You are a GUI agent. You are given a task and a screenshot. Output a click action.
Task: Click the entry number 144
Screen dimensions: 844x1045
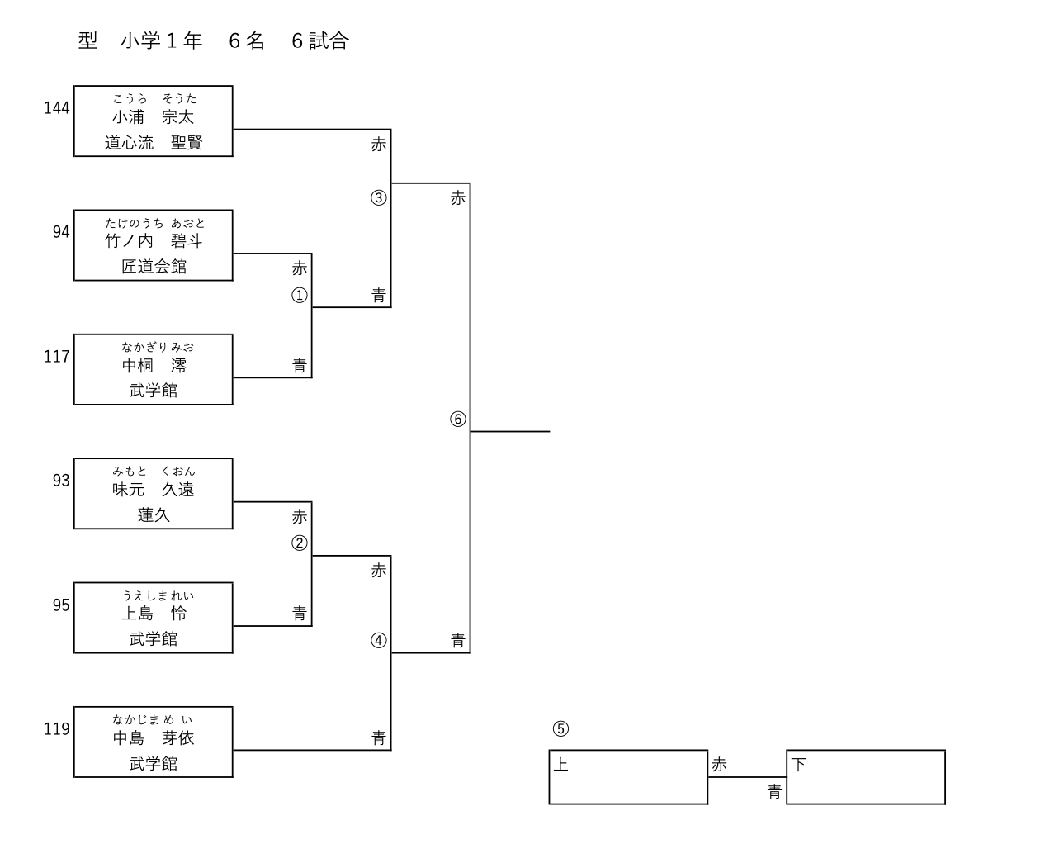[x=57, y=108]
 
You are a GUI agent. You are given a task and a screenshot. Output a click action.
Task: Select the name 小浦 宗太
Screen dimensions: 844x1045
[x=154, y=117]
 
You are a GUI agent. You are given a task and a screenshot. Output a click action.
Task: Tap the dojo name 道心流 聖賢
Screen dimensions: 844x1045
[x=154, y=143]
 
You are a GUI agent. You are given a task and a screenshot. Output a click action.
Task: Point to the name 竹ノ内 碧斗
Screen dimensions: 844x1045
[x=154, y=241]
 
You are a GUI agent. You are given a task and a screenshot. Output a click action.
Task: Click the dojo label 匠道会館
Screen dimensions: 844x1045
[x=154, y=267]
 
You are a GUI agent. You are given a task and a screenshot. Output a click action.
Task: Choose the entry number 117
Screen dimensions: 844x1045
[x=57, y=357]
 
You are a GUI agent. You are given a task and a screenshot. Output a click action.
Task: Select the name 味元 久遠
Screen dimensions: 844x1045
[x=154, y=490]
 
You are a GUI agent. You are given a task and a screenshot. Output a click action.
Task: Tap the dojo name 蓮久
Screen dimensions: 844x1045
[x=154, y=515]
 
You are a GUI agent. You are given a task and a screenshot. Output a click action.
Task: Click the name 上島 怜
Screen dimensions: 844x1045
[x=154, y=614]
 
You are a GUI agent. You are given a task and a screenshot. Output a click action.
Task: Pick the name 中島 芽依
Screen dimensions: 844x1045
[x=154, y=738]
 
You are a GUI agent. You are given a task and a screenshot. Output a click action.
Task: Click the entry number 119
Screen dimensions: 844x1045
[x=57, y=729]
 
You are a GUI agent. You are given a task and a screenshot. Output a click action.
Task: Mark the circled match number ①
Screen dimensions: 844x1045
[x=300, y=296]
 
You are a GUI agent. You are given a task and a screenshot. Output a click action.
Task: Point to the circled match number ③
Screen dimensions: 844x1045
[x=379, y=198]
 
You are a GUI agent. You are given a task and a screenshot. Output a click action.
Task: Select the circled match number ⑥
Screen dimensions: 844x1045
[x=458, y=420]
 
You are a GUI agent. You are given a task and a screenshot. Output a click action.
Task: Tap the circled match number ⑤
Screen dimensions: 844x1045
[x=560, y=729]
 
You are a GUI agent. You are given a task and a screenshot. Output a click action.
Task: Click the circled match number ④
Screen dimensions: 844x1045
[x=379, y=641]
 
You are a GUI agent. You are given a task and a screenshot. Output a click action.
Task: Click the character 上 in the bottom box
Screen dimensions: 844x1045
[x=560, y=765]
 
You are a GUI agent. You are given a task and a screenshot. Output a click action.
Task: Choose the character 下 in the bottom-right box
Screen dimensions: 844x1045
[x=798, y=765]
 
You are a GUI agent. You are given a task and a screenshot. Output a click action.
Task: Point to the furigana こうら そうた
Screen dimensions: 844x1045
[x=154, y=99]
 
